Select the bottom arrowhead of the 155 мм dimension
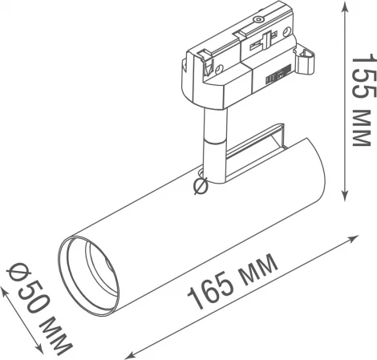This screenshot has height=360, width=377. click(x=345, y=195)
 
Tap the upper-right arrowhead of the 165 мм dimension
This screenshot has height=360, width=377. click(x=357, y=238)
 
